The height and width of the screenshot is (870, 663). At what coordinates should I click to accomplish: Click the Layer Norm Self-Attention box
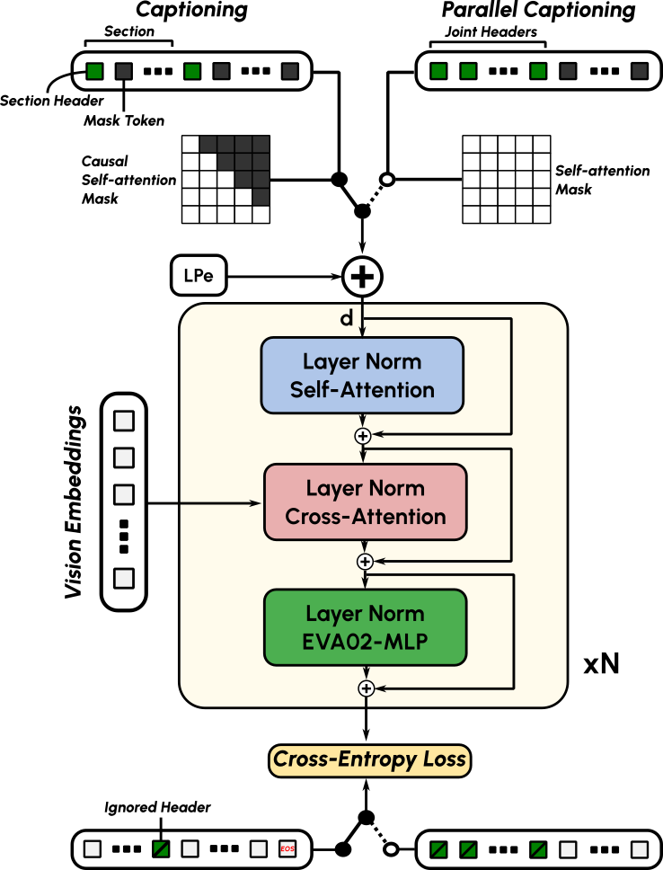point(362,377)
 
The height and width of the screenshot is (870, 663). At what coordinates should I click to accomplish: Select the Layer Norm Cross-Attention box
point(365,502)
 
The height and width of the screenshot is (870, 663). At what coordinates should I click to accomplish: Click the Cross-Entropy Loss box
point(369,759)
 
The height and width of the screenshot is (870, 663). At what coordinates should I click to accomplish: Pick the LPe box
point(198,276)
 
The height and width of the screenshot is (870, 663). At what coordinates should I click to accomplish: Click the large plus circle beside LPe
point(362,277)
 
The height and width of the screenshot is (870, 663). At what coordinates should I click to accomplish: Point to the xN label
point(602,666)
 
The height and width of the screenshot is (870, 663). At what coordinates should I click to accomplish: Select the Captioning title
point(190,11)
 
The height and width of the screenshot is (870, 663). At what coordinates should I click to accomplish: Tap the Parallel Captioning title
point(538,11)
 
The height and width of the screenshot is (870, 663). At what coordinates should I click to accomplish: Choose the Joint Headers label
point(491,32)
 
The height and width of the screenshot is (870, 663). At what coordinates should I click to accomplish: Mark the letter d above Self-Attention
point(346,319)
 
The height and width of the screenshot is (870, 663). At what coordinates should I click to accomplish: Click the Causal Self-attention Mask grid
point(225,179)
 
